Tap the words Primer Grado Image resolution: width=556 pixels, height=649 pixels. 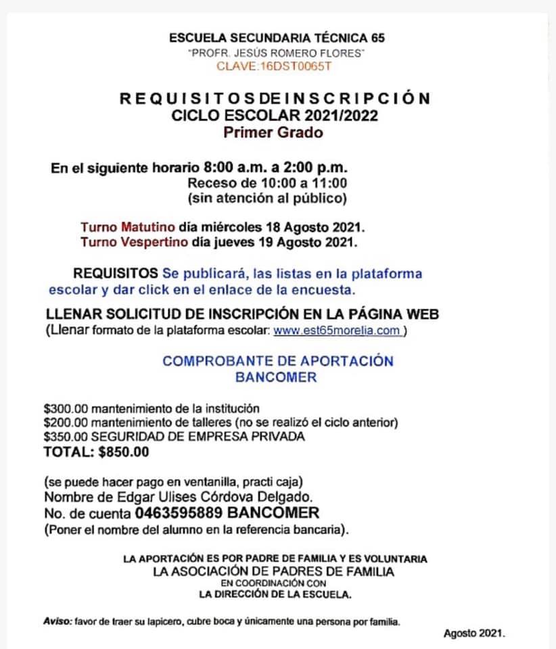tap(274, 132)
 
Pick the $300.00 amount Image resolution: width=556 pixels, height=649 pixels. tap(66, 408)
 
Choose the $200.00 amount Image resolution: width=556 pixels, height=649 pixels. tap(66, 423)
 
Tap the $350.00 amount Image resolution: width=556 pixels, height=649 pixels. tap(66, 437)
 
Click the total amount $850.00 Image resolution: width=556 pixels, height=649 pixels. tap(122, 452)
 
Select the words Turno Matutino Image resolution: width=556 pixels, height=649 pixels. tap(128, 226)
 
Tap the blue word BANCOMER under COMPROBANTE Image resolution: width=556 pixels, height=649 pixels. tap(276, 377)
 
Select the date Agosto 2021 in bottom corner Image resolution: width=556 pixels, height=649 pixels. tap(474, 633)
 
